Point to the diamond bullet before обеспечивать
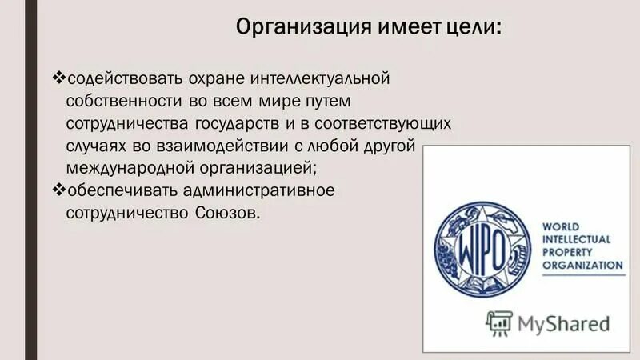58,190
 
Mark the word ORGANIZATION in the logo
583,265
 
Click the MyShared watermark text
563,324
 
